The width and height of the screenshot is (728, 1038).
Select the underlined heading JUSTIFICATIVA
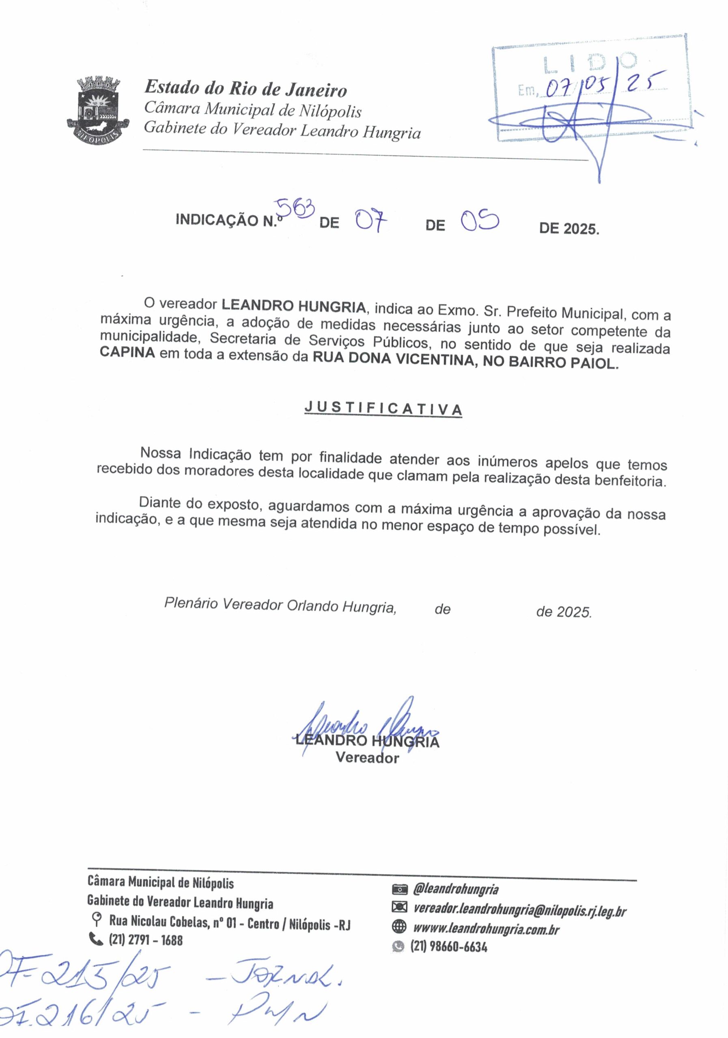pos(383,408)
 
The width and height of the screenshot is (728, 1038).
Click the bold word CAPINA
pos(127,352)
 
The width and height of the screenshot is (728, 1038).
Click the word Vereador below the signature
pos(367,758)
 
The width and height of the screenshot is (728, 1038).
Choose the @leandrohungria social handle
pos(456,889)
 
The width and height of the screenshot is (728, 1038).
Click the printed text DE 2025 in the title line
pos(569,229)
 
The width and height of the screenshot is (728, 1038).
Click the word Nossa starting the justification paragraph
pos(161,453)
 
